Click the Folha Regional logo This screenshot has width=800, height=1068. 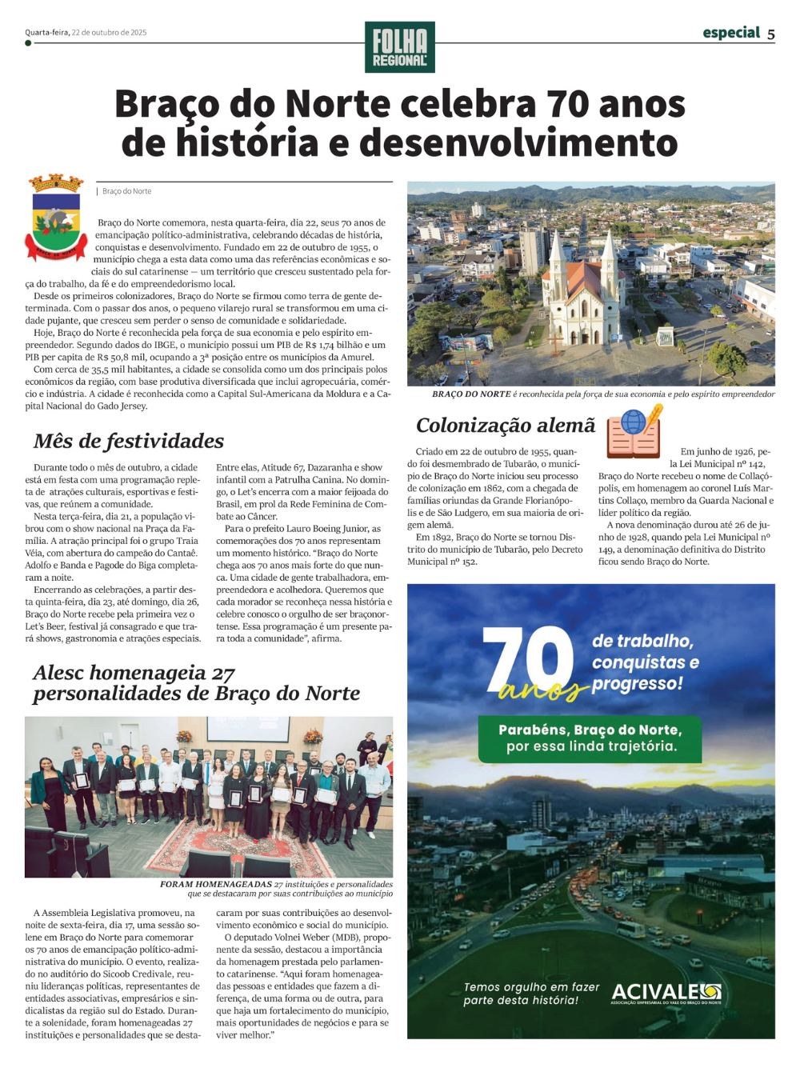399,47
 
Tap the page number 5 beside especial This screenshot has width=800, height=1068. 770,34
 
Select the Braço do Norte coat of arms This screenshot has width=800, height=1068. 56,218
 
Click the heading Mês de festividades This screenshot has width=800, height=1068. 129,441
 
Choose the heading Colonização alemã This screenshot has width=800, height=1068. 506,425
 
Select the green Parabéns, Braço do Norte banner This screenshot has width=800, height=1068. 590,738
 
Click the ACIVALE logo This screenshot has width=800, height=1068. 666,994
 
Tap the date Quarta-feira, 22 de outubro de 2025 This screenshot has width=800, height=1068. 86,33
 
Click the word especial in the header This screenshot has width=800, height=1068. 731,32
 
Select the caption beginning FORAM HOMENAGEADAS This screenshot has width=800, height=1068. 276,889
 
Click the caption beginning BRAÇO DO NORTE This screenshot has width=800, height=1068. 603,394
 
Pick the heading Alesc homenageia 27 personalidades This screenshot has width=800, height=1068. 196,682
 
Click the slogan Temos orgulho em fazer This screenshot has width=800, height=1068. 530,994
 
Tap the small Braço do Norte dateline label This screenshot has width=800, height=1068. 126,191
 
